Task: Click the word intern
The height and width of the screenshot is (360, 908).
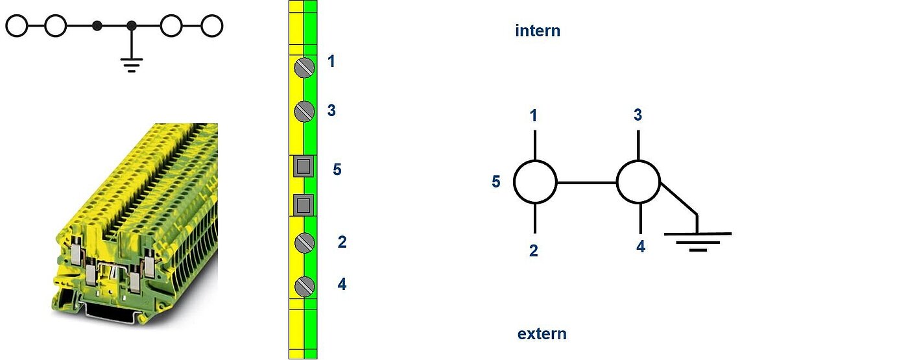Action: tap(537, 30)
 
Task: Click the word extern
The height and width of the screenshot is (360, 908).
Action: tap(542, 334)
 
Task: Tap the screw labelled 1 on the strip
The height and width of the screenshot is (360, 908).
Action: tap(304, 67)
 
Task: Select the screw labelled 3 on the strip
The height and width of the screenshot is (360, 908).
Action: tap(304, 112)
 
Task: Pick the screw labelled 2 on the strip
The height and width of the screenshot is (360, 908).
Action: tap(304, 243)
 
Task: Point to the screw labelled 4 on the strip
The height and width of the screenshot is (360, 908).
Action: tap(304, 286)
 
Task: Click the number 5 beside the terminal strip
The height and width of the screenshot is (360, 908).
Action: tap(337, 169)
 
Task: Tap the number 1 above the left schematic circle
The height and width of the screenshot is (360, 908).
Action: tap(533, 116)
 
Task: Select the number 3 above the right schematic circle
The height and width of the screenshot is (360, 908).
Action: tap(638, 115)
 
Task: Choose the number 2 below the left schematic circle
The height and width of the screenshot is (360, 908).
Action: tap(533, 251)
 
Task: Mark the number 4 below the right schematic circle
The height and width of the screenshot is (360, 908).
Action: tap(641, 246)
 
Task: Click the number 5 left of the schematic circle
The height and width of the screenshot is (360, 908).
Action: tap(496, 182)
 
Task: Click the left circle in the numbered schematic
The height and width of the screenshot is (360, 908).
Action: tap(535, 182)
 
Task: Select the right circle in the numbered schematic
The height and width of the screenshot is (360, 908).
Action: tap(638, 182)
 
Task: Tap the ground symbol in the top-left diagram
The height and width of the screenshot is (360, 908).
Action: tap(132, 64)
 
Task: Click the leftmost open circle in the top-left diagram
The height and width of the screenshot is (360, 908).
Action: tap(17, 26)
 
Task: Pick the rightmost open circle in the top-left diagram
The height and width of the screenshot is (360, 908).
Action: tap(211, 26)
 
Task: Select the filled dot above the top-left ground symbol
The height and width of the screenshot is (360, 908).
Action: tap(132, 26)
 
